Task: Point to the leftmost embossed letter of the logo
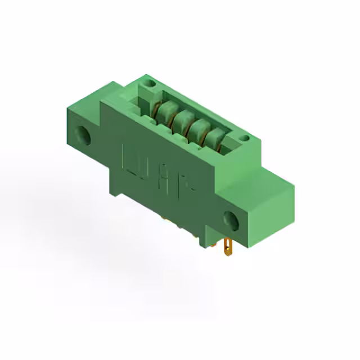coord(129,157)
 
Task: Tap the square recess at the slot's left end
coord(138,104)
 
